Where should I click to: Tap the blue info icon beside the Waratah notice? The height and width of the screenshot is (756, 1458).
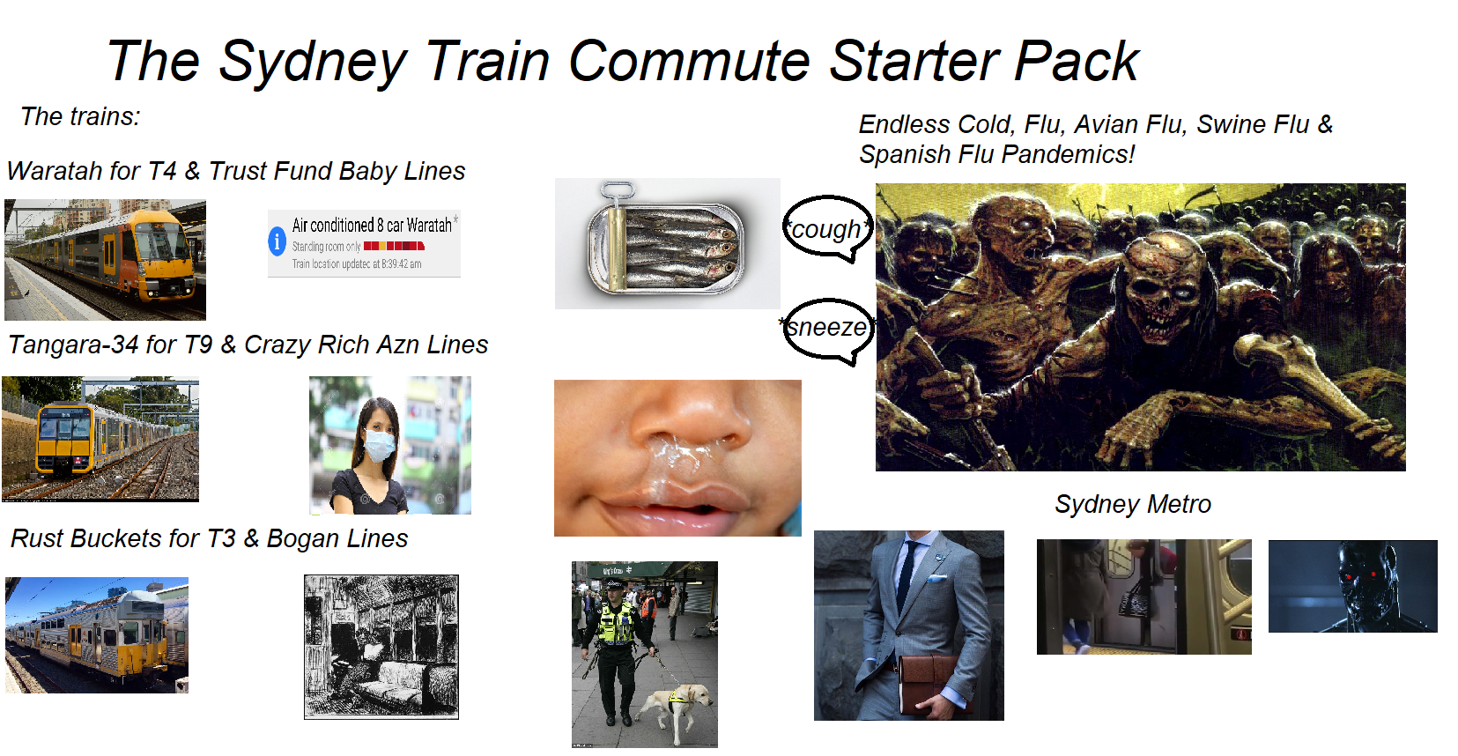coord(278,241)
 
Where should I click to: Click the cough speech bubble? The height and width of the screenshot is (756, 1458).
coord(826,228)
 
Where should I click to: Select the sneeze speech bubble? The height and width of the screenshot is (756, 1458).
coord(827,328)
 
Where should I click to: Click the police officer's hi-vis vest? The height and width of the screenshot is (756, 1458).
coord(616,625)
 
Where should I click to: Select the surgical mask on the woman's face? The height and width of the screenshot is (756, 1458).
coord(381,444)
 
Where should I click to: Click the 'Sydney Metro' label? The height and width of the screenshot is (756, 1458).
coord(1132,504)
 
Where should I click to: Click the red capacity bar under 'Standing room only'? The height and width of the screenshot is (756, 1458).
coord(394,247)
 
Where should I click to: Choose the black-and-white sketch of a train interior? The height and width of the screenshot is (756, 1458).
coord(381,647)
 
